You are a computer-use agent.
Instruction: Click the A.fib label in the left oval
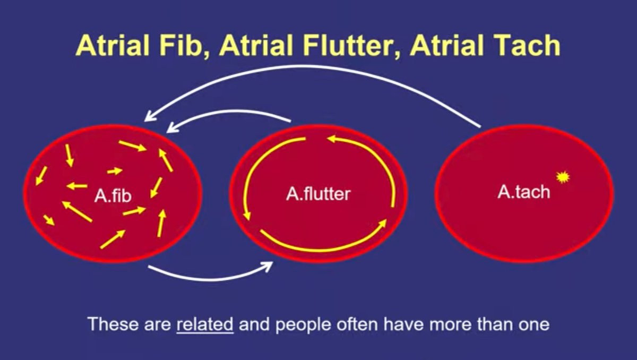tap(113, 196)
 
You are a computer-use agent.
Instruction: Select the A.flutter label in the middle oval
tap(318, 194)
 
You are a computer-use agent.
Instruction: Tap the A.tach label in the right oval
tap(523, 192)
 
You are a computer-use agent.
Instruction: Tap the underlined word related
tap(205, 324)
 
